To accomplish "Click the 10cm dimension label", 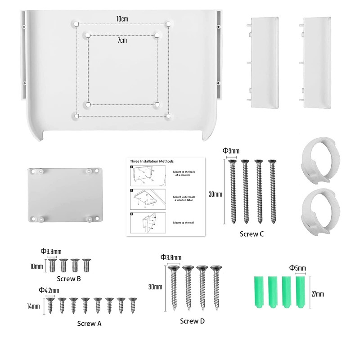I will (x=121, y=19).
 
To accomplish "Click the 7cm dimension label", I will (x=122, y=40).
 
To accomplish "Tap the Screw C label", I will (x=252, y=234).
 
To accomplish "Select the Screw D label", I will (x=192, y=321).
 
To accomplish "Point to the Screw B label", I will (x=69, y=279).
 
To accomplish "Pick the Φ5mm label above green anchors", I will (x=297, y=269).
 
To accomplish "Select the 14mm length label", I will (x=33, y=306).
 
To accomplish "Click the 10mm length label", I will (x=36, y=266).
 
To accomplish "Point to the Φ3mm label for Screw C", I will (x=232, y=152).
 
